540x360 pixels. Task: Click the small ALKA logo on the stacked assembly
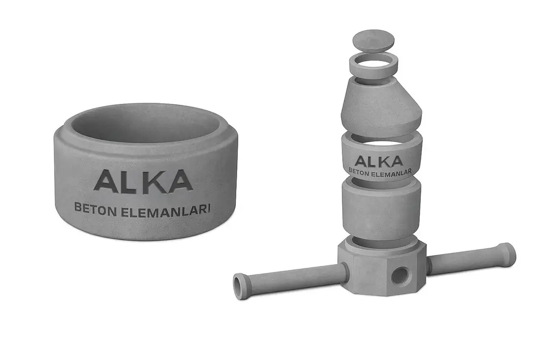(x=378, y=161)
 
